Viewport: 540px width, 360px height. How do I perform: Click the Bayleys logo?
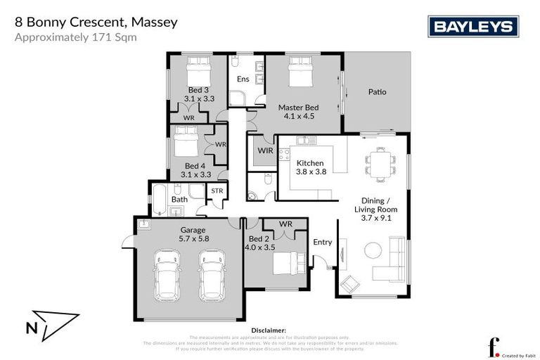coord(473,27)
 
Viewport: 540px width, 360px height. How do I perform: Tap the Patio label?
coord(378,91)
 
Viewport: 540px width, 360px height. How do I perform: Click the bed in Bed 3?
coord(198,70)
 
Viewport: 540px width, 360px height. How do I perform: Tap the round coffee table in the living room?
coord(373,251)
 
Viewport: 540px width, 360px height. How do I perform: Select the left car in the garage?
coord(167,274)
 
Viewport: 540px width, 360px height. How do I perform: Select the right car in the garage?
coord(212,274)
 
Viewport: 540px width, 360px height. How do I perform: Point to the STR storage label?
coord(217,191)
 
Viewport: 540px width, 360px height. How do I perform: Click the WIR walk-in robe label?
coord(264,150)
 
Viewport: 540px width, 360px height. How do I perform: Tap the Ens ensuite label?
coord(243,79)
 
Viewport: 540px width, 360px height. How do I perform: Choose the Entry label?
coord(322,242)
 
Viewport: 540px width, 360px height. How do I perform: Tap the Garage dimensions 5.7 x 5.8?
coord(193,239)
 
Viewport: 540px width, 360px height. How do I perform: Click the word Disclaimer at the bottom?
coord(269,330)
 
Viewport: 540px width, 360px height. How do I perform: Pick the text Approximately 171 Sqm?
coord(76,37)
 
